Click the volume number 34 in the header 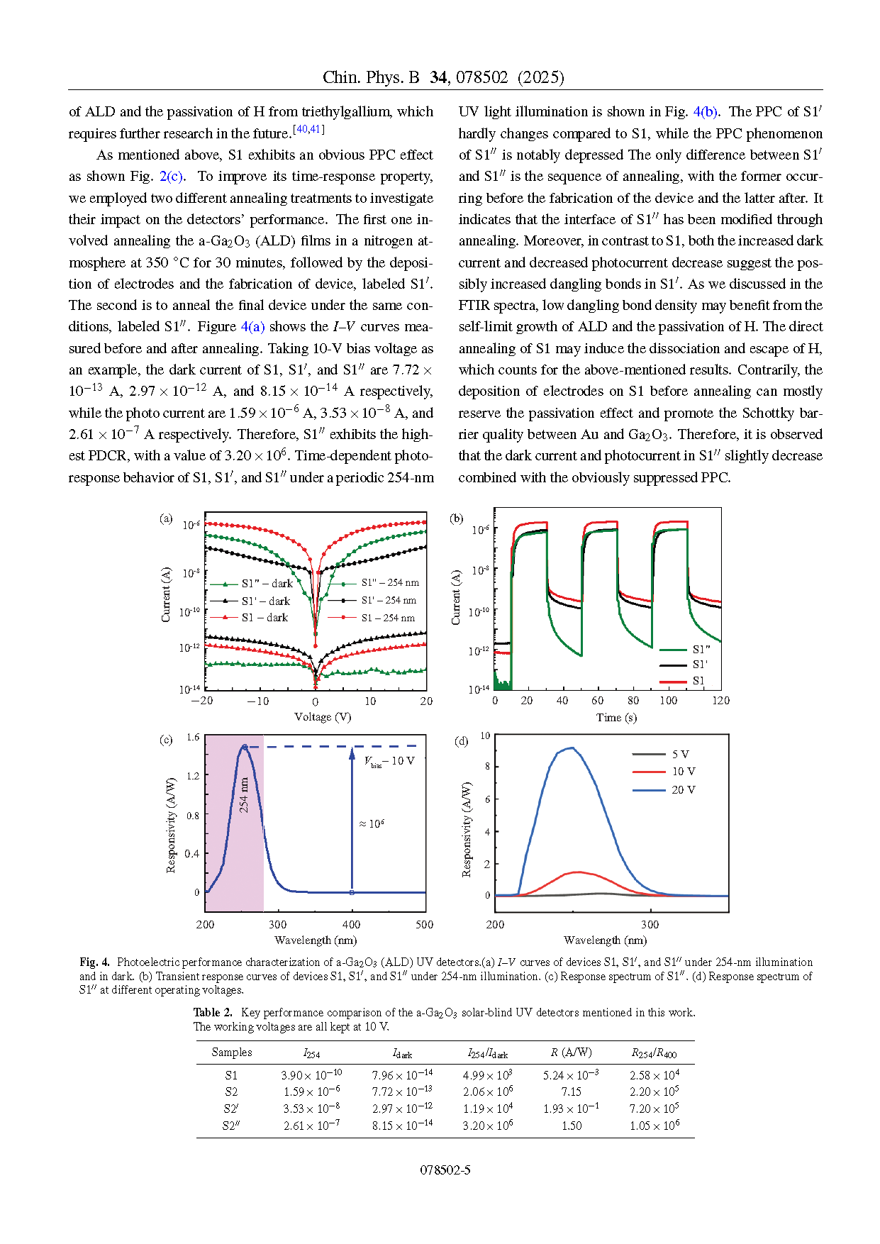[x=439, y=77]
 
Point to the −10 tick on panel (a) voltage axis [x=258, y=701]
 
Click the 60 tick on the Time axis [x=598, y=701]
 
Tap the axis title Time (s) [x=616, y=718]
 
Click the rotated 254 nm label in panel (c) [x=244, y=795]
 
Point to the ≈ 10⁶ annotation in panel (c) [x=372, y=823]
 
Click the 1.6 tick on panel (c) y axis [x=193, y=738]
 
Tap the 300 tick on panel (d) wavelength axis [x=650, y=925]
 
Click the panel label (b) [x=457, y=518]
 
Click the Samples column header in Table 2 [x=232, y=1053]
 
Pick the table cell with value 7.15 [x=571, y=1092]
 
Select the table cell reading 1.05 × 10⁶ [x=654, y=1126]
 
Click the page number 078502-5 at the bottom [x=445, y=1170]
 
